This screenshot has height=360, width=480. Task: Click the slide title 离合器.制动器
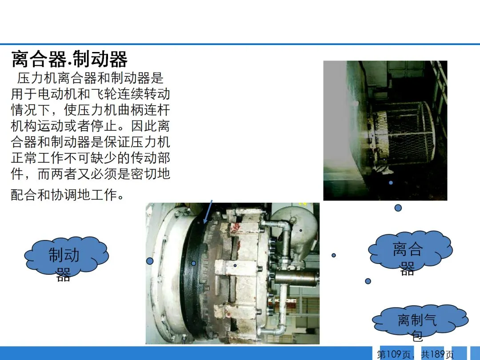[69, 59]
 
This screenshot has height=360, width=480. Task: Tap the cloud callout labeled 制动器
[66, 255]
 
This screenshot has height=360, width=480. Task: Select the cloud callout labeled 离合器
[410, 249]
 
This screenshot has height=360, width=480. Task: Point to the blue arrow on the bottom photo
[208, 212]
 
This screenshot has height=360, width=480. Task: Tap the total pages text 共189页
[437, 355]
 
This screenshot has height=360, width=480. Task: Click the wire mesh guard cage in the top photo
[404, 135]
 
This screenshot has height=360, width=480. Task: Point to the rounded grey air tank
[296, 232]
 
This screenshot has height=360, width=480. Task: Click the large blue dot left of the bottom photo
[150, 261]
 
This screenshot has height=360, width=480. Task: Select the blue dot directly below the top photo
[398, 208]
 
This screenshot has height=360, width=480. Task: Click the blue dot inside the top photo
[391, 183]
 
